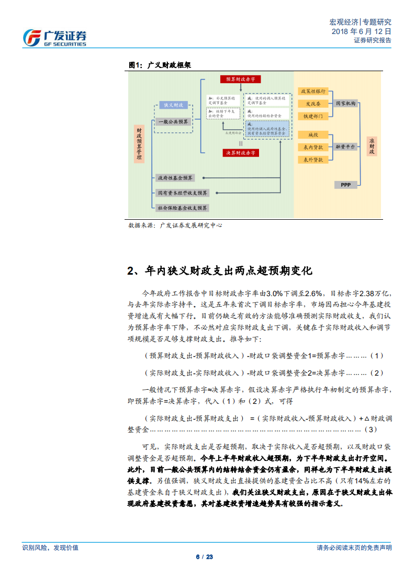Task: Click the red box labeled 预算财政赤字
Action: click(x=240, y=79)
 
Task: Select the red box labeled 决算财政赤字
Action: click(x=240, y=153)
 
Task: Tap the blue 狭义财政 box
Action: click(x=174, y=105)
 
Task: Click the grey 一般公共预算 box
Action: click(x=174, y=122)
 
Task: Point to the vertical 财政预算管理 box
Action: click(x=139, y=143)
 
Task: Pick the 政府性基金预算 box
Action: click(x=176, y=178)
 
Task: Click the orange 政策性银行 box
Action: click(x=313, y=91)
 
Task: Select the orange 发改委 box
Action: click(x=313, y=104)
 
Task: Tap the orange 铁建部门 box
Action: click(x=313, y=116)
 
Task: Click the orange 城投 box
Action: click(x=313, y=135)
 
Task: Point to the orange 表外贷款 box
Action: click(x=313, y=159)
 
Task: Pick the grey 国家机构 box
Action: click(x=345, y=104)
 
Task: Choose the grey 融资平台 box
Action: click(x=345, y=147)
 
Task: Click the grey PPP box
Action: click(x=345, y=185)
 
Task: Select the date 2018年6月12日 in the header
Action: click(x=361, y=31)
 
